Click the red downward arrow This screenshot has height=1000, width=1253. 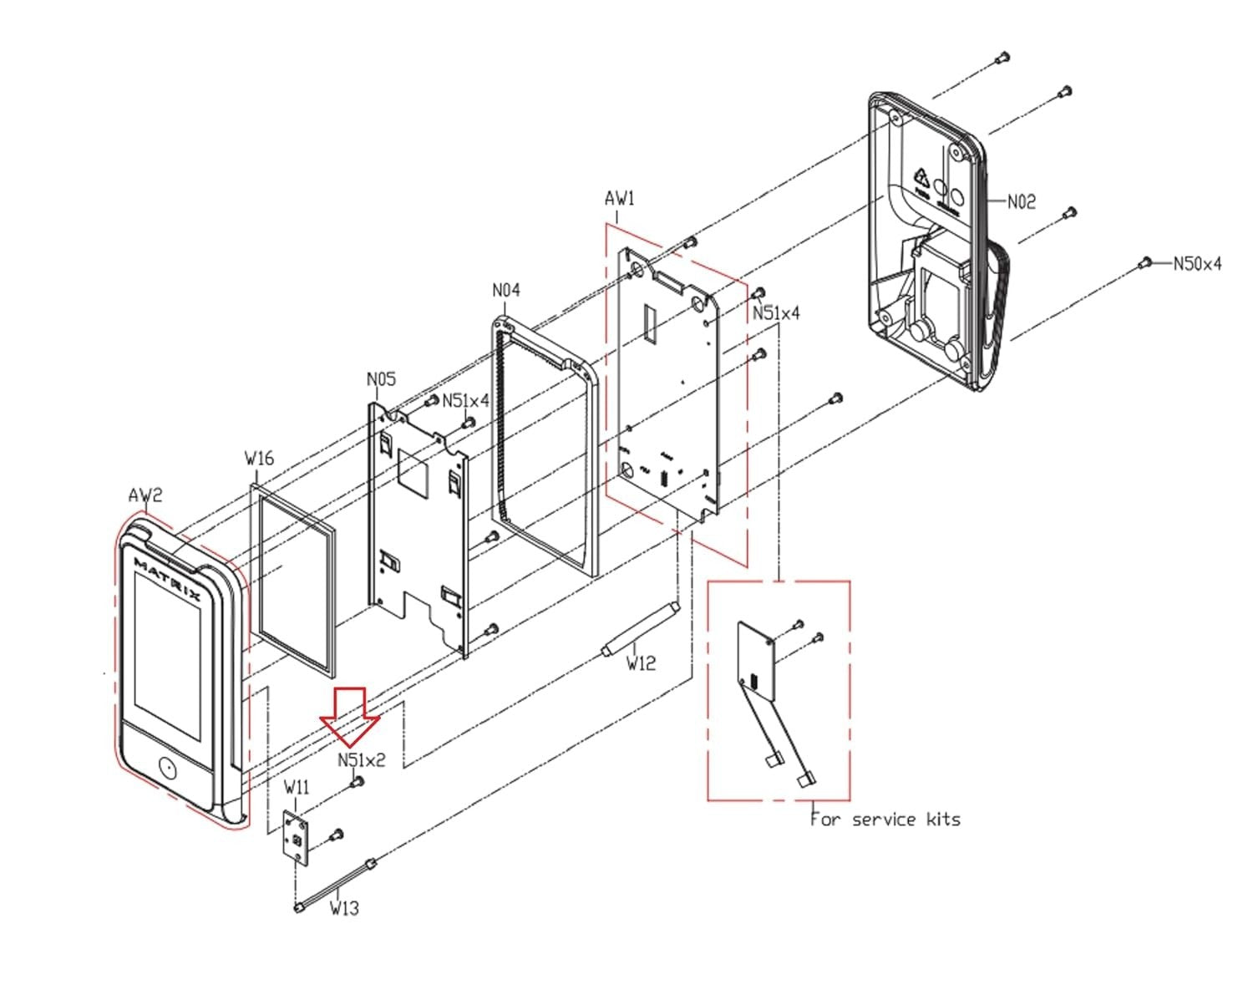pos(350,715)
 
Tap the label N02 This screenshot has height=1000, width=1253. pos(1021,201)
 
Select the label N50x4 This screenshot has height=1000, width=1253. pos(1197,264)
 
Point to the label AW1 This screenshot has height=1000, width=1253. pos(619,198)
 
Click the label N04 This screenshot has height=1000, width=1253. pos(505,290)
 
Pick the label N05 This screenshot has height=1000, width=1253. pos(381,379)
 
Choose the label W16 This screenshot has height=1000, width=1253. pos(259,458)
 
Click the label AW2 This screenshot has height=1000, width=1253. pos(145,495)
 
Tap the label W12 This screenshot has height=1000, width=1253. pos(641,663)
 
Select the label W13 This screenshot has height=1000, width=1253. pos(344,907)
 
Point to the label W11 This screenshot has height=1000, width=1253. pos(297,787)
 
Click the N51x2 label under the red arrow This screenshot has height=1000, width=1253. pos(362,760)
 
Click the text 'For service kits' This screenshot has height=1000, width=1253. pos(885,820)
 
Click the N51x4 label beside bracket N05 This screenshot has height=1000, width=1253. pos(465,400)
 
